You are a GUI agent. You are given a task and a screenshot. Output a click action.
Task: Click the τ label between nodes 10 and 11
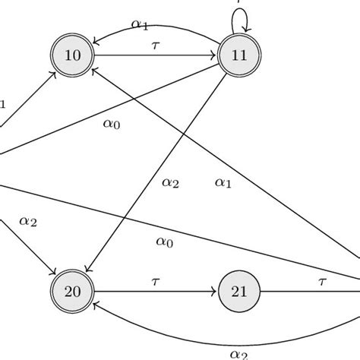click(x=156, y=46)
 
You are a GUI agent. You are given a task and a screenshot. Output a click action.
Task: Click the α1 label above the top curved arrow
click(x=140, y=24)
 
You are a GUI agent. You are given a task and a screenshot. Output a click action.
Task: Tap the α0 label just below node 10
click(x=112, y=124)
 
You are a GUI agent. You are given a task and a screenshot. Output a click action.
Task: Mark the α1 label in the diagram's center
click(x=223, y=182)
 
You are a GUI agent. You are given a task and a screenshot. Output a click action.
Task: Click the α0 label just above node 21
click(x=164, y=242)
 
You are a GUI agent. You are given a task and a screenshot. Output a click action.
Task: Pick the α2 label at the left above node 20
click(x=27, y=221)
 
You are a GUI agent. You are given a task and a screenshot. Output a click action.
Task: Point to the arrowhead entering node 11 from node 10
click(x=213, y=55)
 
